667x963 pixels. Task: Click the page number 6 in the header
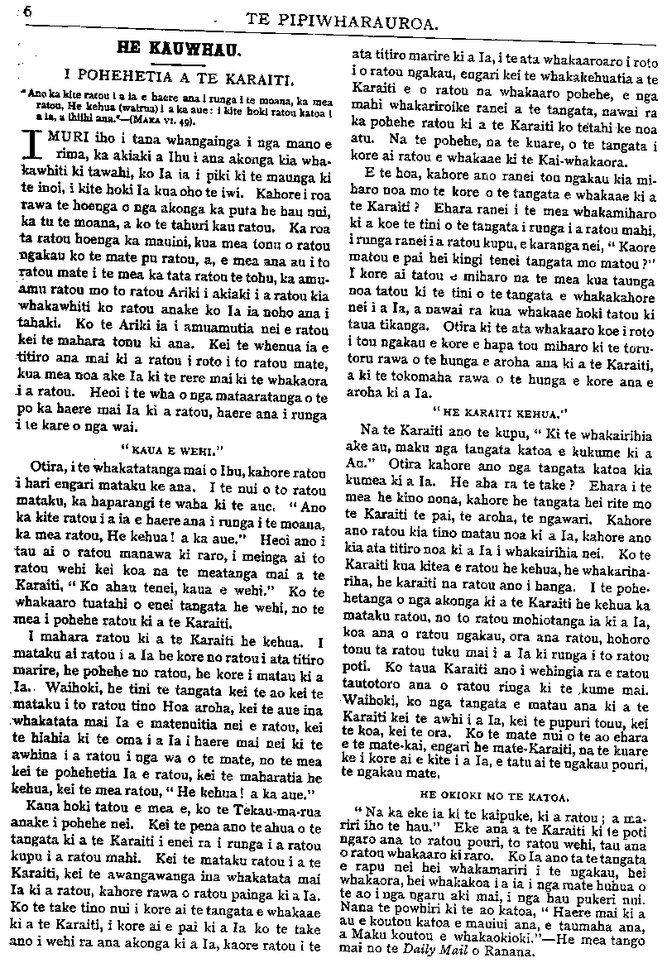[28, 11]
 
